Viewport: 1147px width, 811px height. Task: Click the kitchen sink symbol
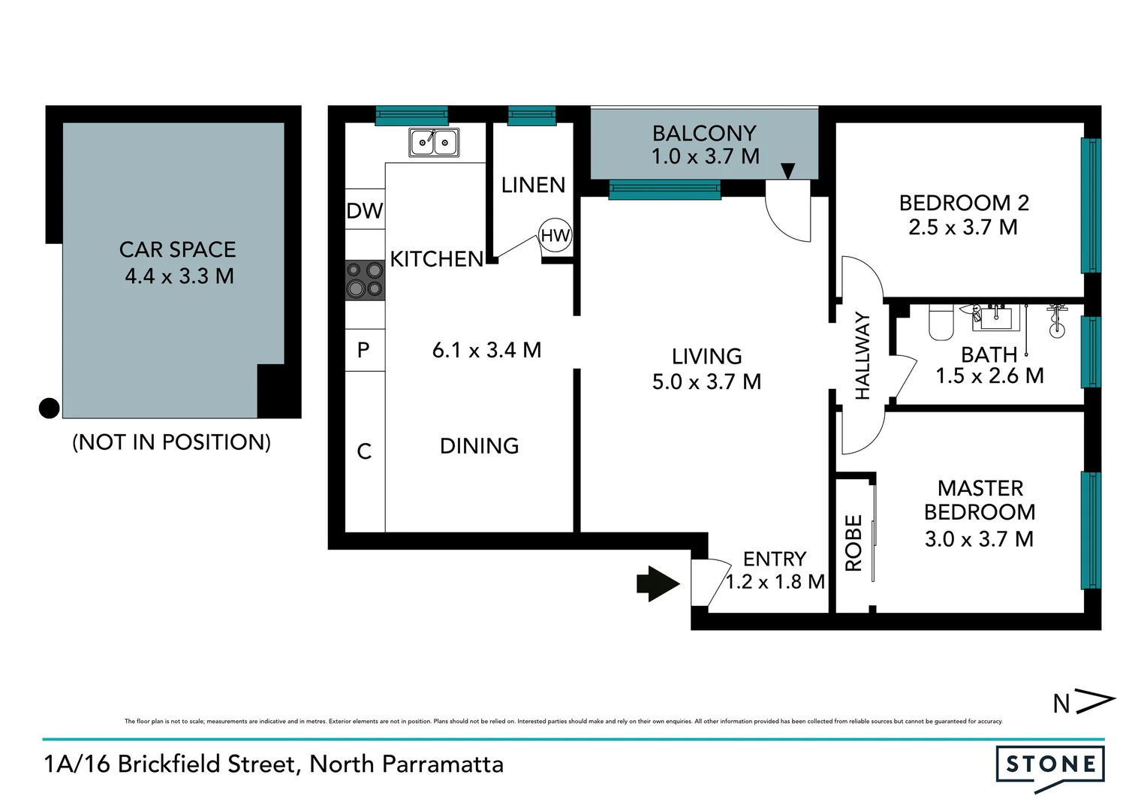434,142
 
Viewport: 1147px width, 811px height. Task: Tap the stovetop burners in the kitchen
365,280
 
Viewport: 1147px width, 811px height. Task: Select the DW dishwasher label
365,211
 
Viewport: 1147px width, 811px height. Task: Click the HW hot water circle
555,235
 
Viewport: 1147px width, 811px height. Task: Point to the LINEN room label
533,185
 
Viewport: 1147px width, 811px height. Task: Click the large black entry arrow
658,583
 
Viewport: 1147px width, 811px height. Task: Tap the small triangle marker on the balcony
787,171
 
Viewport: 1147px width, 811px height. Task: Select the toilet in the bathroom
941,323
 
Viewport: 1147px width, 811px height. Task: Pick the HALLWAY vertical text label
863,356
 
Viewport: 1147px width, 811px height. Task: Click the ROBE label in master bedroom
853,543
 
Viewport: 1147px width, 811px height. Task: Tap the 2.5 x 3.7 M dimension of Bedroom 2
962,227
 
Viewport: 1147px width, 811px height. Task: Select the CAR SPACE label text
178,249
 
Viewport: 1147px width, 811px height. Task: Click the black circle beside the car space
50,408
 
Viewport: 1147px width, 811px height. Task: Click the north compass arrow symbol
1095,701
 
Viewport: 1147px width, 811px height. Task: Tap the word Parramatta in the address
443,764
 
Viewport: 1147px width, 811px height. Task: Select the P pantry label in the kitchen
363,350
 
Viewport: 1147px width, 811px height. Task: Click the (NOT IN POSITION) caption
171,442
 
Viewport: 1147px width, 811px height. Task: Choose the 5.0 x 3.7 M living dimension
706,381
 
